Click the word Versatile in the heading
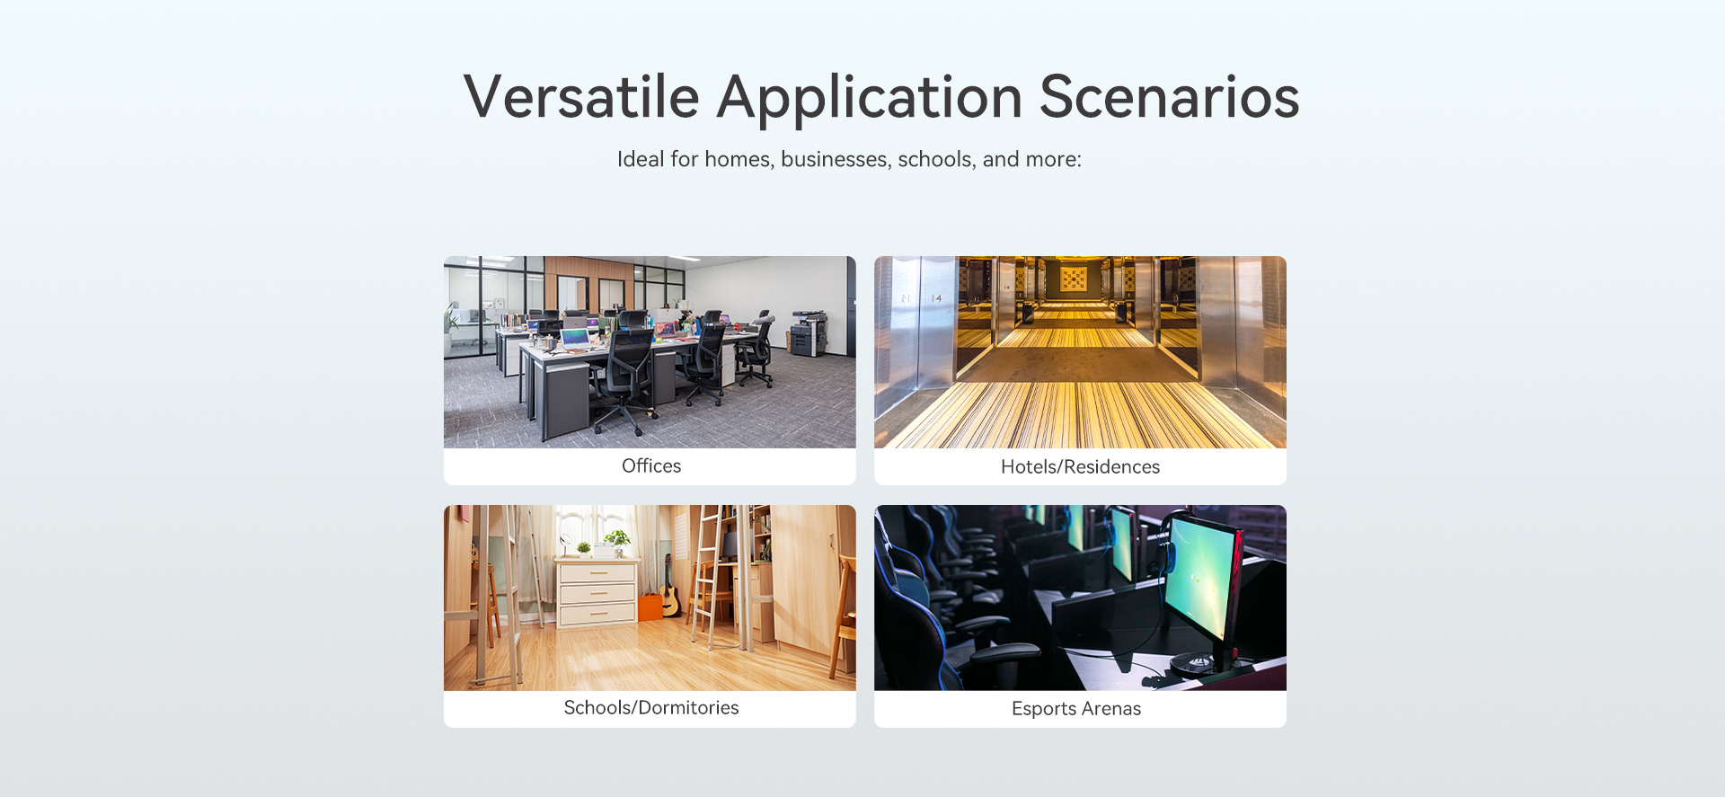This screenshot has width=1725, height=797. pyautogui.click(x=581, y=96)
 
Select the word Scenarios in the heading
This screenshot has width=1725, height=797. pyautogui.click(x=1170, y=96)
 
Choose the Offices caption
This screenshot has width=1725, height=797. pyautogui.click(x=651, y=465)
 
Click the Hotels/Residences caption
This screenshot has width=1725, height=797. pyautogui.click(x=1080, y=466)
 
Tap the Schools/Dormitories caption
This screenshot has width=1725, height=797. pyautogui.click(x=651, y=707)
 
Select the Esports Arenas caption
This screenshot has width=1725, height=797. pyautogui.click(x=1076, y=708)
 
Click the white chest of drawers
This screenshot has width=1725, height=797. pyautogui.click(x=597, y=592)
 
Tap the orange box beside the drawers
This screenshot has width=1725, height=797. pyautogui.click(x=650, y=607)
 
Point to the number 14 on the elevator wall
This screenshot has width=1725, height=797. pyautogui.click(x=936, y=298)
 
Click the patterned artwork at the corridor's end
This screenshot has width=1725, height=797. pyautogui.click(x=1073, y=279)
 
